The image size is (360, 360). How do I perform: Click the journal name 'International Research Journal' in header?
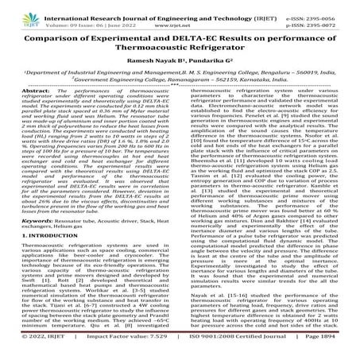[95, 8]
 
